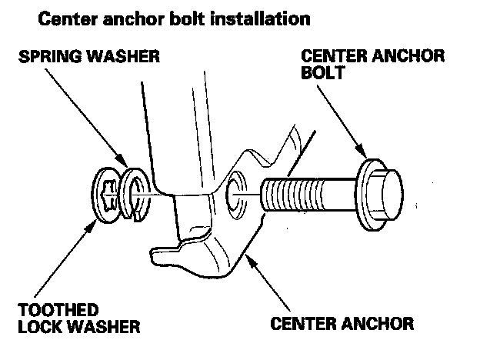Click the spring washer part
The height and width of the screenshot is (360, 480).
pos(136,196)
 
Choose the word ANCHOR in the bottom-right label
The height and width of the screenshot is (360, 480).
pos(372,322)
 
